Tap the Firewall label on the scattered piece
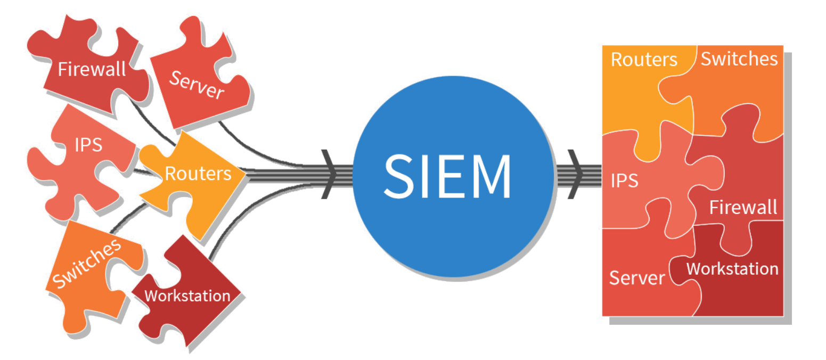[x=92, y=69]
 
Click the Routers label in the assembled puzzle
[x=643, y=59]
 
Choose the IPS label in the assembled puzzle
[x=624, y=181]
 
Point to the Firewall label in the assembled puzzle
[x=743, y=207]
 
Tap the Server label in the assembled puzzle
[x=637, y=277]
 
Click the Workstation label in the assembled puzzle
[x=732, y=268]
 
